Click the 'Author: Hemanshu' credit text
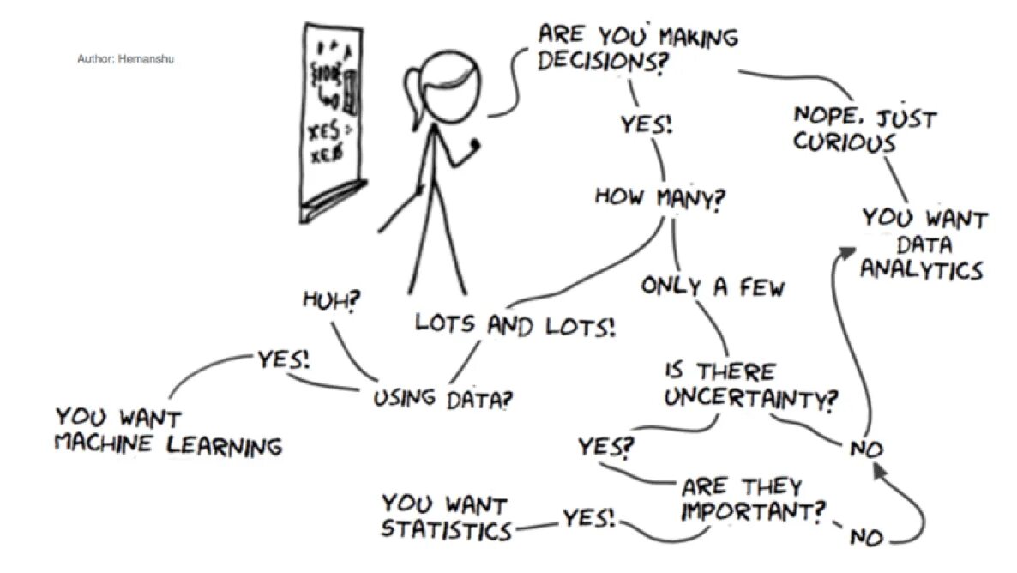click(x=125, y=59)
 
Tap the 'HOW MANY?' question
click(x=660, y=196)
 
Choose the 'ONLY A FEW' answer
click(x=713, y=286)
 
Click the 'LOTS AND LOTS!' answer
click(x=515, y=324)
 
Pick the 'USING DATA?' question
click(x=447, y=398)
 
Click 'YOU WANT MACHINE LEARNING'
click(x=168, y=431)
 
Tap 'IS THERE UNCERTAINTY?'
click(x=750, y=385)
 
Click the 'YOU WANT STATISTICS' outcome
click(x=446, y=516)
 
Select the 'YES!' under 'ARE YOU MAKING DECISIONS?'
click(x=647, y=124)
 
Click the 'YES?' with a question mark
click(x=605, y=447)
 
